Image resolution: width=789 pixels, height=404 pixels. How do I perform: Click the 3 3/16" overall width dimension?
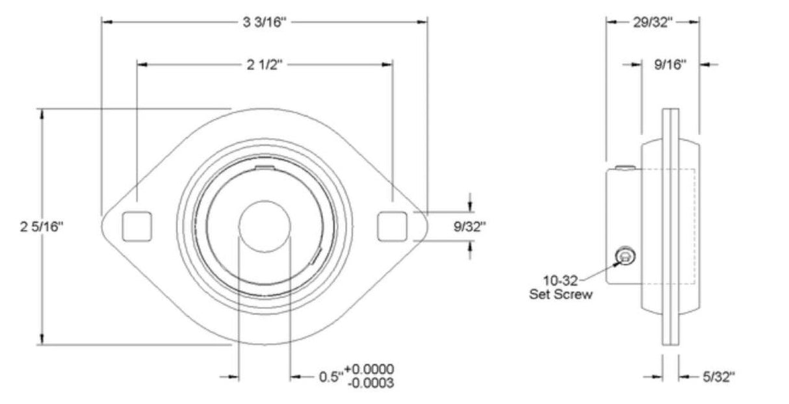(x=265, y=23)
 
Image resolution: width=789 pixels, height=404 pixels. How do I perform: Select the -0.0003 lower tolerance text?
(x=370, y=383)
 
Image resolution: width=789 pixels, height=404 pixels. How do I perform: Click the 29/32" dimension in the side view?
(x=653, y=23)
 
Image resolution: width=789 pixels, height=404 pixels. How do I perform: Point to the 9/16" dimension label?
(x=671, y=64)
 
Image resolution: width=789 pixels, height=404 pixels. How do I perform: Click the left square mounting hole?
(x=136, y=225)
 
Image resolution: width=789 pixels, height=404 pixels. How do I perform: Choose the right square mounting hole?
(x=393, y=225)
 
